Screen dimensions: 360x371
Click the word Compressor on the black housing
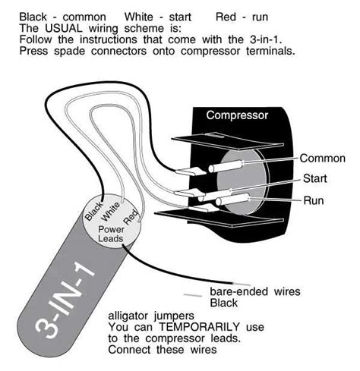(237, 115)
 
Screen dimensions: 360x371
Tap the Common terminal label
(323, 159)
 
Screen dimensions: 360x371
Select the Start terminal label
(315, 178)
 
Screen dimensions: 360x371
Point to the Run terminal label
(314, 200)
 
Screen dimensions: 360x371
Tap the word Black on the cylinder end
(93, 211)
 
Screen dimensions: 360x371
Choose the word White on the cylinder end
(110, 212)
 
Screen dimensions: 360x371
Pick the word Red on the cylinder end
(131, 217)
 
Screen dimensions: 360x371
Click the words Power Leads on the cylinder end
(111, 234)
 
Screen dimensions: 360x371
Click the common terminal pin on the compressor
(226, 167)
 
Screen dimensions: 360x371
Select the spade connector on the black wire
(191, 171)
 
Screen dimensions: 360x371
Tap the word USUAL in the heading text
(64, 28)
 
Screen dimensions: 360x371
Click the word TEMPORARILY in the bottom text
(199, 327)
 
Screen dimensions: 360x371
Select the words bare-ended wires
(255, 291)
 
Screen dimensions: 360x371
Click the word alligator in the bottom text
(128, 316)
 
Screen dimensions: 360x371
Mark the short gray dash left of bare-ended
(193, 295)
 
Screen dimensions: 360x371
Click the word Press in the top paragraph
(33, 51)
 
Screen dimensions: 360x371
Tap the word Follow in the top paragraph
(36, 39)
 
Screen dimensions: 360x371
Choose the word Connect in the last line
(129, 350)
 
